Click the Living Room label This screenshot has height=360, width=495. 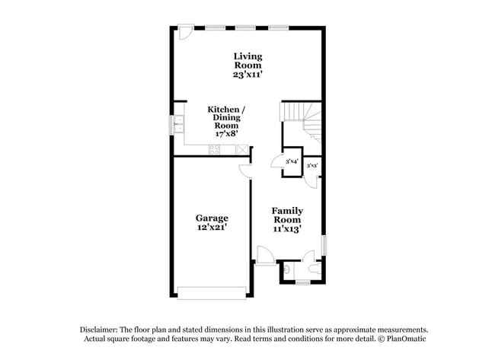click(x=247, y=61)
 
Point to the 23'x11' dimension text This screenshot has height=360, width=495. click(x=247, y=75)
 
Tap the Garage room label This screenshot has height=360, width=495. click(x=212, y=218)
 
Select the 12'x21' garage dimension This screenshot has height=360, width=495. click(x=212, y=227)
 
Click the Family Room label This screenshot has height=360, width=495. click(x=287, y=215)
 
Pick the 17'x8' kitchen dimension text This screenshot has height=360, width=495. click(x=226, y=134)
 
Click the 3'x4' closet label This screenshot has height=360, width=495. click(x=292, y=161)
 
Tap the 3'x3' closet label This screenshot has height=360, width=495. click(x=312, y=165)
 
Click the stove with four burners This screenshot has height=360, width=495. click(x=214, y=149)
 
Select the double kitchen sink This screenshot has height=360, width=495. click(x=179, y=124)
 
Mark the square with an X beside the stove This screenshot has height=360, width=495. click(x=242, y=149)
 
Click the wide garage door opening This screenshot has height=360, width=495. click(x=212, y=292)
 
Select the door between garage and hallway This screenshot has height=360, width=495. click(x=245, y=172)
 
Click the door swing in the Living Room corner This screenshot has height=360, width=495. click(x=185, y=32)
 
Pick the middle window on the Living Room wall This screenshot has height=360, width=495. click(x=245, y=27)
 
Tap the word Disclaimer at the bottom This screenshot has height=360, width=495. click(x=99, y=330)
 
